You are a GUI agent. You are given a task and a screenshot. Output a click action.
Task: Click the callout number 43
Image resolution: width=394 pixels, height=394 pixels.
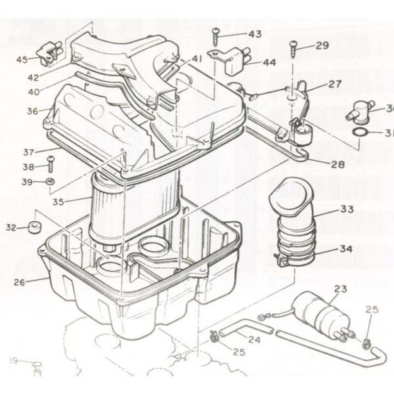pos(254,33)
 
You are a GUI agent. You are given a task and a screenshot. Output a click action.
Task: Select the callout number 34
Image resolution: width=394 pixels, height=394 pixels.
pos(345,250)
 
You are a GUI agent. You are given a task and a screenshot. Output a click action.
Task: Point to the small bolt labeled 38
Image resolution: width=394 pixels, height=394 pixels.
pos(50,166)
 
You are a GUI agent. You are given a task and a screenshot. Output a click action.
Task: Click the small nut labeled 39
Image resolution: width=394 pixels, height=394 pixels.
pos(51,181)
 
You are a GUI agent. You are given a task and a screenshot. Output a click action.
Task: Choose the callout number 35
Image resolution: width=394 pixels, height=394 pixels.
pos(58,202)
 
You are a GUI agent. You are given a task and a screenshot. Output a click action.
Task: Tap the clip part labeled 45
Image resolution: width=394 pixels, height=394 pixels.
pos(49,54)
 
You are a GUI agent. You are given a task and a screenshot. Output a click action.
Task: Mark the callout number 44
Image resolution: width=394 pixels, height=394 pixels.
pos(269,63)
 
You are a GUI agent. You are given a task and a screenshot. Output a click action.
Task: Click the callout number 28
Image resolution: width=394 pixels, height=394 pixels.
pos(337,164)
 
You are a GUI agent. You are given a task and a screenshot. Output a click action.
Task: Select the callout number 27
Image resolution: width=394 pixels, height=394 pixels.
pos(335,84)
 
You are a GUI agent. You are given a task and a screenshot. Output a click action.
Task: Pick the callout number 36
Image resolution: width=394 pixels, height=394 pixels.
pos(33,112)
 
